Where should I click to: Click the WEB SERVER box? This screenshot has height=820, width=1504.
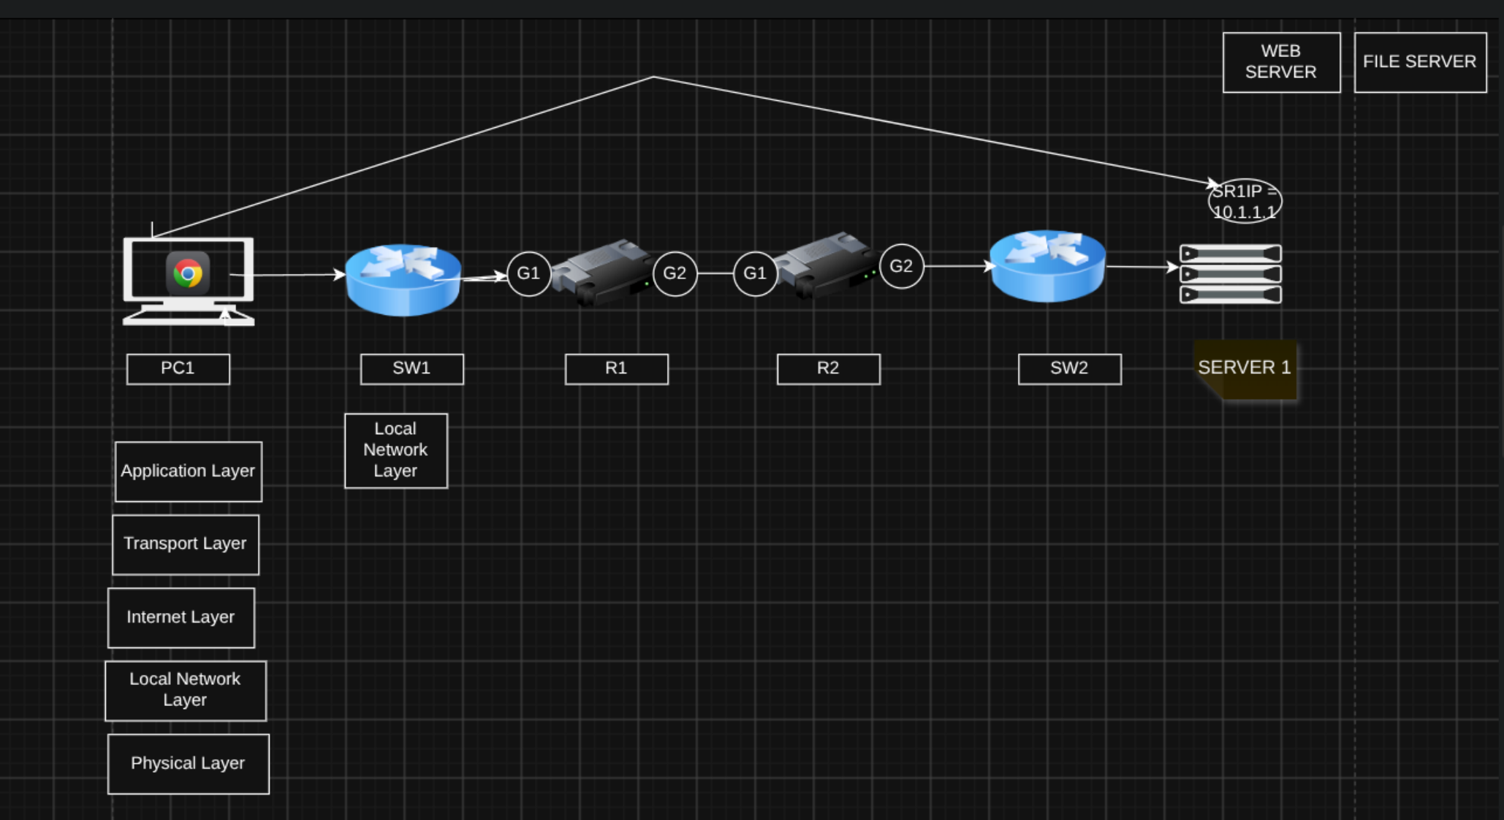pos(1281,62)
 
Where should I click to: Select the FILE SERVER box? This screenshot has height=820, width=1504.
pos(1420,62)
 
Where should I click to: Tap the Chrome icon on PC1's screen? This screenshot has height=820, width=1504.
pos(188,273)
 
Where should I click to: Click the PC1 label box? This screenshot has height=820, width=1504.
pos(178,369)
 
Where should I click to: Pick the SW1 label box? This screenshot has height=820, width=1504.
pos(411,369)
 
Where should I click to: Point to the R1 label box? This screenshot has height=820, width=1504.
pos(616,369)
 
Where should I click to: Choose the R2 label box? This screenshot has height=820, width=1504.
pos(828,369)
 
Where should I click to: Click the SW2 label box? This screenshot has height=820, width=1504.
pos(1069,369)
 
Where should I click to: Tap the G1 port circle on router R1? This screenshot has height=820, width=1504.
pos(528,274)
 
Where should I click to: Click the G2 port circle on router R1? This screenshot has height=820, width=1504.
pos(675,274)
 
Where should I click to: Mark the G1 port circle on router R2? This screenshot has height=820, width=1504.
pos(755,274)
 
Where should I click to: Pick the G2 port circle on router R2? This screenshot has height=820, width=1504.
pos(901,267)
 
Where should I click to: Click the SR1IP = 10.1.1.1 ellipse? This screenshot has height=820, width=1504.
pos(1245,180)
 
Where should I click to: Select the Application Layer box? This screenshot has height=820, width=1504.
pos(189,471)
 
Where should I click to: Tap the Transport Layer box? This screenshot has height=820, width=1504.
pos(186,544)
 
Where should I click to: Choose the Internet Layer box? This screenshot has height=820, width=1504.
pos(181,618)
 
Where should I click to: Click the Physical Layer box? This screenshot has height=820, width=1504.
pos(189,764)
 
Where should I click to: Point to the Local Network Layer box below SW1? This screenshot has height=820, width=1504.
pos(396,451)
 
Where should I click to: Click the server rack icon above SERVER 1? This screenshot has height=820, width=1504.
pos(1231,274)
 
